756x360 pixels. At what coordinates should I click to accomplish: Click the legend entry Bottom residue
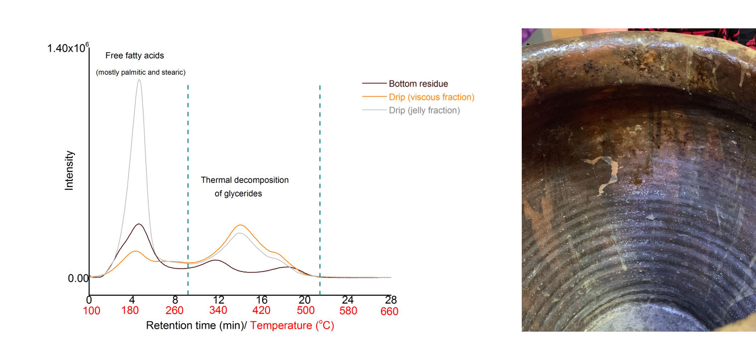(x=418, y=84)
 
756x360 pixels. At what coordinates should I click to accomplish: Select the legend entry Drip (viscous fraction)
(x=431, y=97)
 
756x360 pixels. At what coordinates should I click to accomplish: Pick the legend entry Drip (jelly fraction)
(x=424, y=110)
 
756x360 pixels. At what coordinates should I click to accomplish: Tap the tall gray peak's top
(x=139, y=80)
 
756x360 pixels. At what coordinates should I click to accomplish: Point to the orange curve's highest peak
(x=240, y=225)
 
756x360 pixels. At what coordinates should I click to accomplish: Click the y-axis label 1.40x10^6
(x=68, y=48)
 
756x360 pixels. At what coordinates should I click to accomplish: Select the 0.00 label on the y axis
(x=78, y=278)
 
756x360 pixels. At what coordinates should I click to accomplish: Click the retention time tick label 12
(x=218, y=300)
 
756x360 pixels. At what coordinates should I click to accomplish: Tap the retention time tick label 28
(x=391, y=300)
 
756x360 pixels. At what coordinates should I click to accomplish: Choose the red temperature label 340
(x=218, y=311)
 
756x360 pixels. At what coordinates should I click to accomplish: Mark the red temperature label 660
(x=389, y=311)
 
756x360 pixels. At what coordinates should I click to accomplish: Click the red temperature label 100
(x=92, y=311)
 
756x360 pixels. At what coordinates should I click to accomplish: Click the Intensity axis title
(x=69, y=171)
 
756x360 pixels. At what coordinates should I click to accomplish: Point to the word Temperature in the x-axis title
(x=282, y=326)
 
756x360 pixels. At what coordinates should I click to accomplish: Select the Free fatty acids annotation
(x=134, y=56)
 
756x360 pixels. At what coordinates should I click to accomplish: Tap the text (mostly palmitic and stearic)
(x=141, y=73)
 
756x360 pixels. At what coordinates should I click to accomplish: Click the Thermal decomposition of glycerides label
(x=244, y=186)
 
